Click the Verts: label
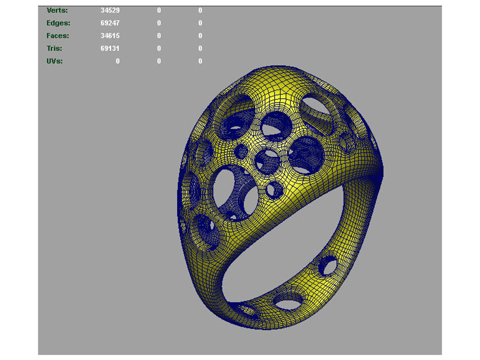57,10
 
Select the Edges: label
58,23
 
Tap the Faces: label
58,36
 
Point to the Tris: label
54,48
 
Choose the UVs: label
55,61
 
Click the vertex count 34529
110,10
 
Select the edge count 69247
110,23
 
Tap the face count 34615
110,36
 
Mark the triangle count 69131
110,48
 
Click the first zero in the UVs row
118,61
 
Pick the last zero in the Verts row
200,10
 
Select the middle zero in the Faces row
159,36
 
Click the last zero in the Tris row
200,48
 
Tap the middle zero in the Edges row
159,23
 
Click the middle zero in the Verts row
159,10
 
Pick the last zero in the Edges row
200,23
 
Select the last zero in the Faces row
200,36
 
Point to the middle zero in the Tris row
159,48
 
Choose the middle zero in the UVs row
159,61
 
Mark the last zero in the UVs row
200,61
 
